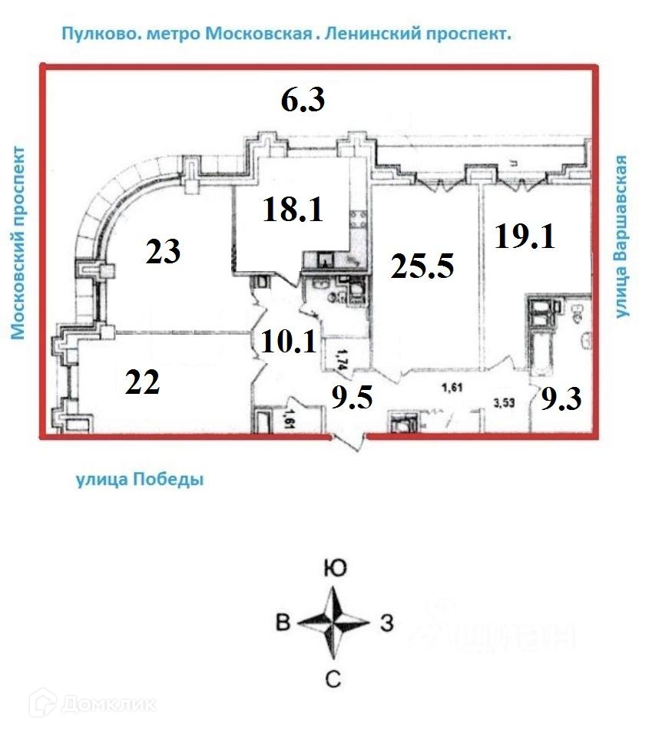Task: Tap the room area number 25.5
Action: coord(422,266)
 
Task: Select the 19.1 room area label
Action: coord(525,236)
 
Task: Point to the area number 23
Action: coord(163,252)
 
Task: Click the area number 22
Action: coord(142,382)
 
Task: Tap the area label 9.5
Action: coord(351,398)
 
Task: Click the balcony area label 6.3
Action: coord(302,101)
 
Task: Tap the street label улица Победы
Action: coord(139,481)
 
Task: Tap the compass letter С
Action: coord(333,678)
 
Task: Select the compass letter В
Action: coord(283,623)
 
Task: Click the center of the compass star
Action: coord(333,623)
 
